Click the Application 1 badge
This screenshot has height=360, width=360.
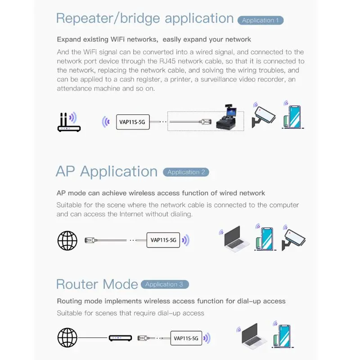pos(261,20)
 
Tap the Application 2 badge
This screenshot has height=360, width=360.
pos(186,172)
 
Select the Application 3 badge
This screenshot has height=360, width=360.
pos(165,284)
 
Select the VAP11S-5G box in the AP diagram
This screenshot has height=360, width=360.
pos(163,240)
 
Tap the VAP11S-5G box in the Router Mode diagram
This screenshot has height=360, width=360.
pos(186,338)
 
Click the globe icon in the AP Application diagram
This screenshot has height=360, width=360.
pos(67,240)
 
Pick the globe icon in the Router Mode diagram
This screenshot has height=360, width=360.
pos(67,338)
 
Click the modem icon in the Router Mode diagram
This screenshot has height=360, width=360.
pos(120,338)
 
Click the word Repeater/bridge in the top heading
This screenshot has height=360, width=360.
pos(102,18)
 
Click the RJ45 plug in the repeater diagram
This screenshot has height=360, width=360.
pos(205,121)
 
